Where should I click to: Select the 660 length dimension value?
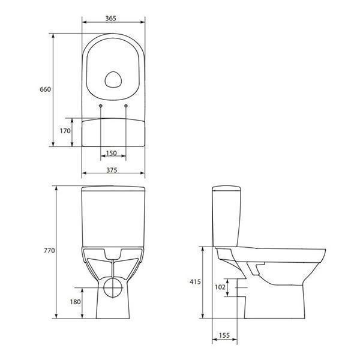point(45,89)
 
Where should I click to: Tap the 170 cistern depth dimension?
point(65,130)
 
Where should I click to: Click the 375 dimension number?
point(112,170)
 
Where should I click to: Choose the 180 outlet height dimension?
point(74,301)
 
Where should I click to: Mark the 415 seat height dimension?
point(194,281)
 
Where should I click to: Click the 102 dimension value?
point(220,287)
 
